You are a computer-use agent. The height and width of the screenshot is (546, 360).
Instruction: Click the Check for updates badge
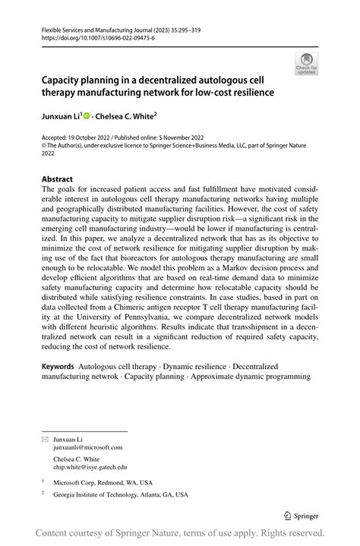pos(306,64)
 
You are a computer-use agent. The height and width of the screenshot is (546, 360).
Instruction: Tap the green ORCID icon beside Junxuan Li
pos(87,116)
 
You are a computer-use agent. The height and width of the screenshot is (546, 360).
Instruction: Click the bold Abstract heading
pos(57,179)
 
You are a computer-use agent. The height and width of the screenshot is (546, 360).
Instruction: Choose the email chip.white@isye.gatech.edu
pos(90,467)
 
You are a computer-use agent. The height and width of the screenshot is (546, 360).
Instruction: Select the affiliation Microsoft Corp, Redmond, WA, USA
pos(103,482)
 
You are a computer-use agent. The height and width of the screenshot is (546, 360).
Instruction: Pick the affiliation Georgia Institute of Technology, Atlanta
pos(120,494)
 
